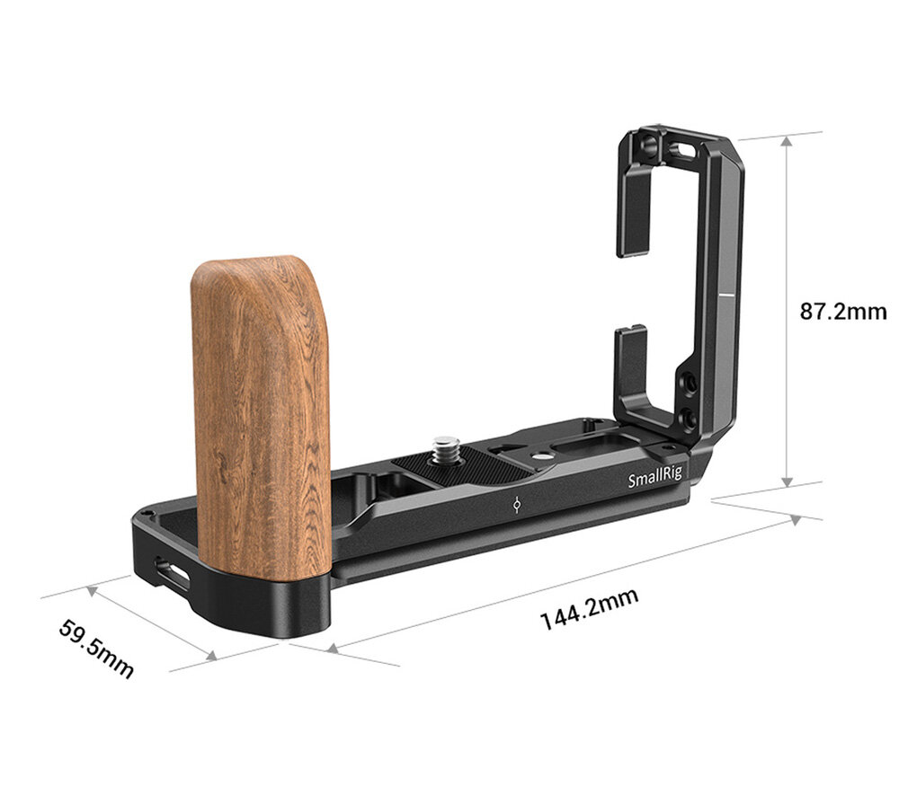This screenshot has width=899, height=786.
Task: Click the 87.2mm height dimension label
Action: pyautogui.click(x=843, y=312)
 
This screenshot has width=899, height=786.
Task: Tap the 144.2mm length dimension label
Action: pyautogui.click(x=590, y=608)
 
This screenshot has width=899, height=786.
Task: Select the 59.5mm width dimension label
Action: pyautogui.click(x=96, y=648)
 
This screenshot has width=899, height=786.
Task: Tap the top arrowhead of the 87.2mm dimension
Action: pyautogui.click(x=788, y=142)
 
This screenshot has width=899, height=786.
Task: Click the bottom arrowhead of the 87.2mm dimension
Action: pyautogui.click(x=788, y=481)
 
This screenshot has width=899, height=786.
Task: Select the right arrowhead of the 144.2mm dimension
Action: pyautogui.click(x=796, y=519)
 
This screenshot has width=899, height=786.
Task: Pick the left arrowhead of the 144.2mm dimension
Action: pyautogui.click(x=333, y=648)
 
